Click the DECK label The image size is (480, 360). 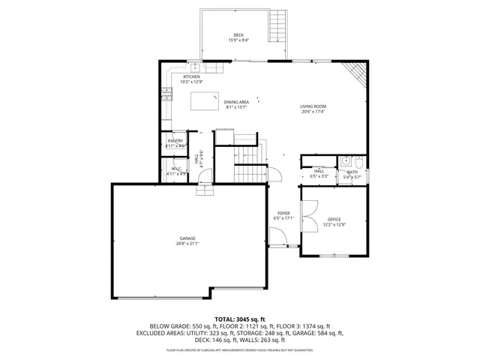(x=238, y=35)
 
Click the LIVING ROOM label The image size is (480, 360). (x=313, y=106)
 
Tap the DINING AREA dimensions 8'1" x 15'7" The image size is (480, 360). (x=237, y=107)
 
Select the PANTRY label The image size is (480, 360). (x=175, y=140)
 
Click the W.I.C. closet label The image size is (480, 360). (x=175, y=169)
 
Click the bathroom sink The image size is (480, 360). (x=346, y=160)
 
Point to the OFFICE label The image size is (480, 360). (x=334, y=219)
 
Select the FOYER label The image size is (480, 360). (x=283, y=213)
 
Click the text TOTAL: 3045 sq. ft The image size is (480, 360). (x=239, y=319)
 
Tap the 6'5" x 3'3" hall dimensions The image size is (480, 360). (x=319, y=176)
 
